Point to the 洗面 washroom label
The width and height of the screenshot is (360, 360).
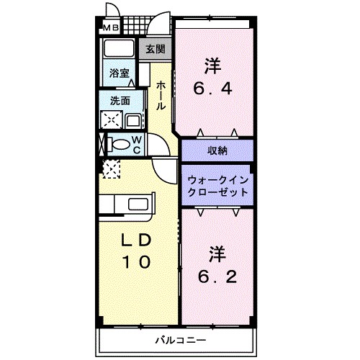120,101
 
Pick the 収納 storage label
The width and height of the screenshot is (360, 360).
217,150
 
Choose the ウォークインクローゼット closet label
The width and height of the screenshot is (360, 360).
217,186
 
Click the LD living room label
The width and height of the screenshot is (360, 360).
135,240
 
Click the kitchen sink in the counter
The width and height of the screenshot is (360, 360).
140,205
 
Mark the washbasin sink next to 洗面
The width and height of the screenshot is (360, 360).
135,120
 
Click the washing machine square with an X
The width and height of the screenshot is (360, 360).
111,120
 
